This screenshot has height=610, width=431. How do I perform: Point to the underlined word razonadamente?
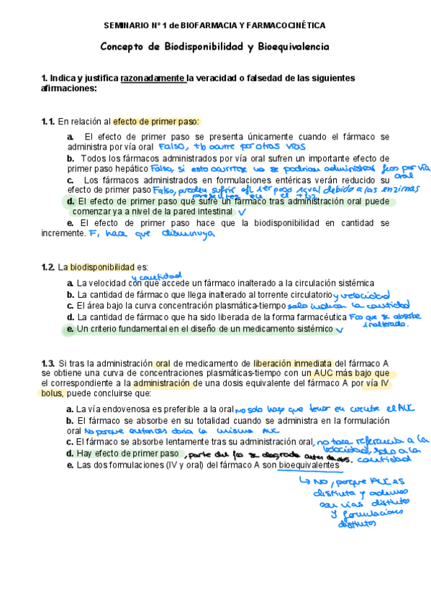[153, 78]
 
